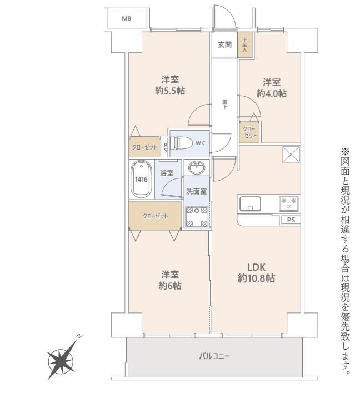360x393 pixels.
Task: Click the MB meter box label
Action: pyautogui.click(x=127, y=18)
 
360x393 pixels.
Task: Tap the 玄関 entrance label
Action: pyautogui.click(x=224, y=45)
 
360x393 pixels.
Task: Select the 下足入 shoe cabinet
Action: pyautogui.click(x=244, y=45)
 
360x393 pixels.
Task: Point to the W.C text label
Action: pyautogui.click(x=201, y=143)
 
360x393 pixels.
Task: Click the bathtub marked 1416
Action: pyautogui.click(x=141, y=180)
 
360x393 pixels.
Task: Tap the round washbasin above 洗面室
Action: pyautogui.click(x=197, y=167)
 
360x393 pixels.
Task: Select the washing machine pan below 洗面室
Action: pyautogui.click(x=197, y=217)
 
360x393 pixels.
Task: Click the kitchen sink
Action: pyautogui.click(x=250, y=203)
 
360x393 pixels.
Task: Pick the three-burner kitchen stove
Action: pyautogui.click(x=289, y=203)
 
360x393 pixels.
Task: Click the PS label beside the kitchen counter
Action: pyautogui.click(x=291, y=220)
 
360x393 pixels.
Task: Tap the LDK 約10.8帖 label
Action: pyautogui.click(x=256, y=273)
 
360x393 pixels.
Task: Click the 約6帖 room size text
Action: pyautogui.click(x=170, y=286)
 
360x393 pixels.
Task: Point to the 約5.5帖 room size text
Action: pyautogui.click(x=170, y=91)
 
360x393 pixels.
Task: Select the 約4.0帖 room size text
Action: pyautogui.click(x=272, y=93)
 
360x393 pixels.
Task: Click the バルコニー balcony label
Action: pyautogui.click(x=214, y=356)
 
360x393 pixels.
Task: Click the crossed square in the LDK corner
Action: pyautogui.click(x=291, y=155)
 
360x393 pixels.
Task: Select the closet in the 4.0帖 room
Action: pyautogui.click(x=249, y=132)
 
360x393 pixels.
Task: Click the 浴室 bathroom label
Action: pyautogui.click(x=167, y=173)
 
